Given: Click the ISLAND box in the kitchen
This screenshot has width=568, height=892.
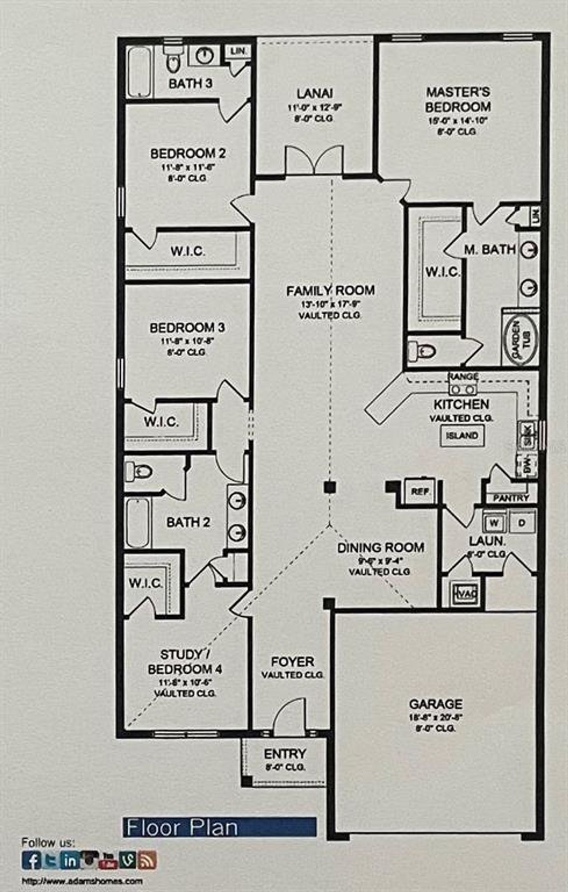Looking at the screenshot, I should [x=462, y=435].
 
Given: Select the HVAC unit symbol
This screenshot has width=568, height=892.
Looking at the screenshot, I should [x=465, y=594].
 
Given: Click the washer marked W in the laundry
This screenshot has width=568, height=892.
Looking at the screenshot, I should [x=494, y=523].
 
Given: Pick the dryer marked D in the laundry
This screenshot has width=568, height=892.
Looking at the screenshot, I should [x=522, y=523].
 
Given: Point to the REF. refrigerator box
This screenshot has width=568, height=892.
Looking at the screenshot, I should [x=419, y=492].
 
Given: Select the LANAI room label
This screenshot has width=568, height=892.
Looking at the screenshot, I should [x=315, y=94].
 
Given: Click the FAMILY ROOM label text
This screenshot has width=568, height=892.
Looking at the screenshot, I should [x=330, y=291].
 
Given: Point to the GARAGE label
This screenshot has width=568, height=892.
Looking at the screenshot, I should [x=435, y=704].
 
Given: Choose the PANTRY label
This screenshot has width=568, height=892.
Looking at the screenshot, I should [x=511, y=498].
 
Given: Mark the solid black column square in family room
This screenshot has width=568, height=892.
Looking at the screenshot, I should [x=329, y=487].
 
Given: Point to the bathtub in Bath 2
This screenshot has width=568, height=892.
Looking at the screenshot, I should [x=138, y=523].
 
